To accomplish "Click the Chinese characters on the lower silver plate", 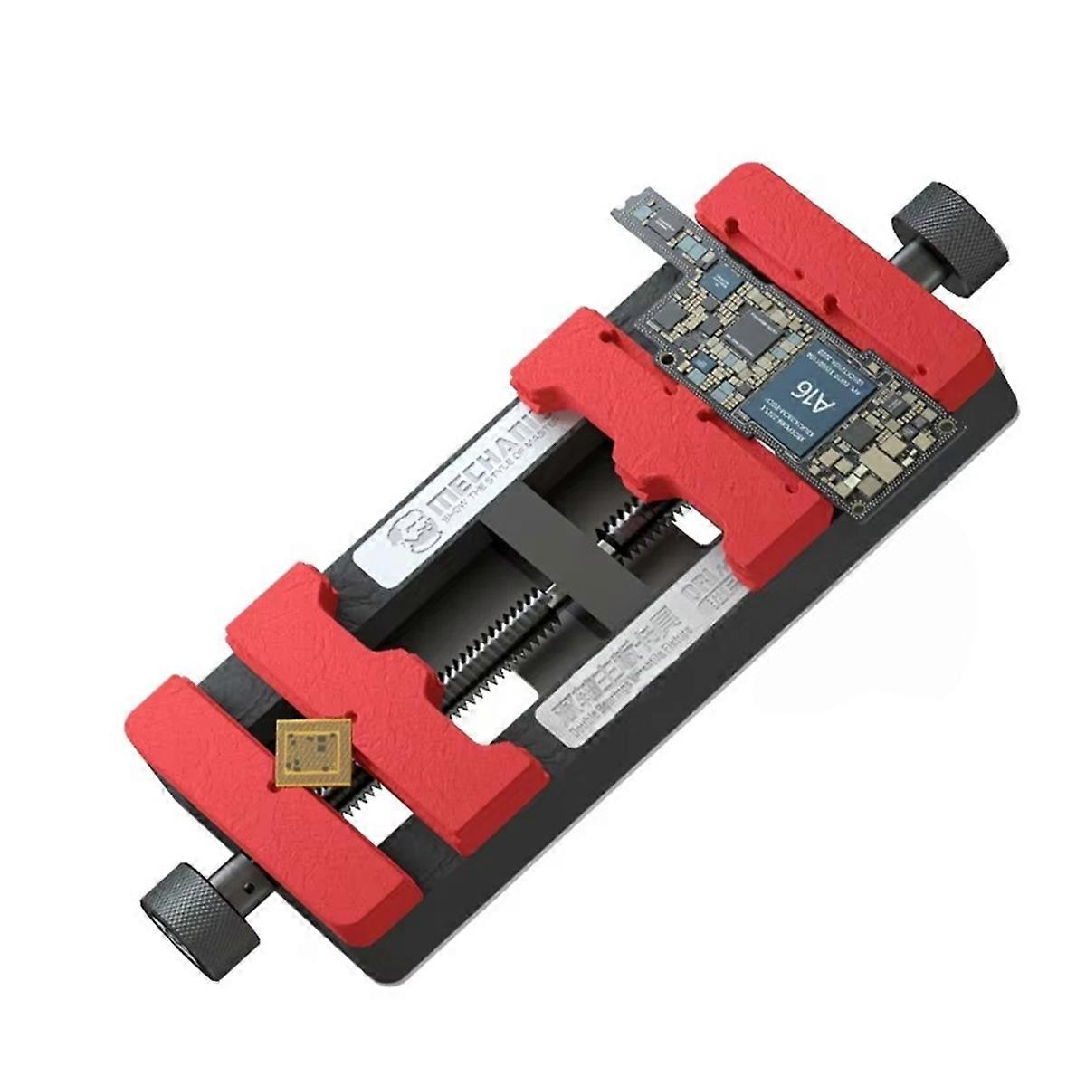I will [x=624, y=674].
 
